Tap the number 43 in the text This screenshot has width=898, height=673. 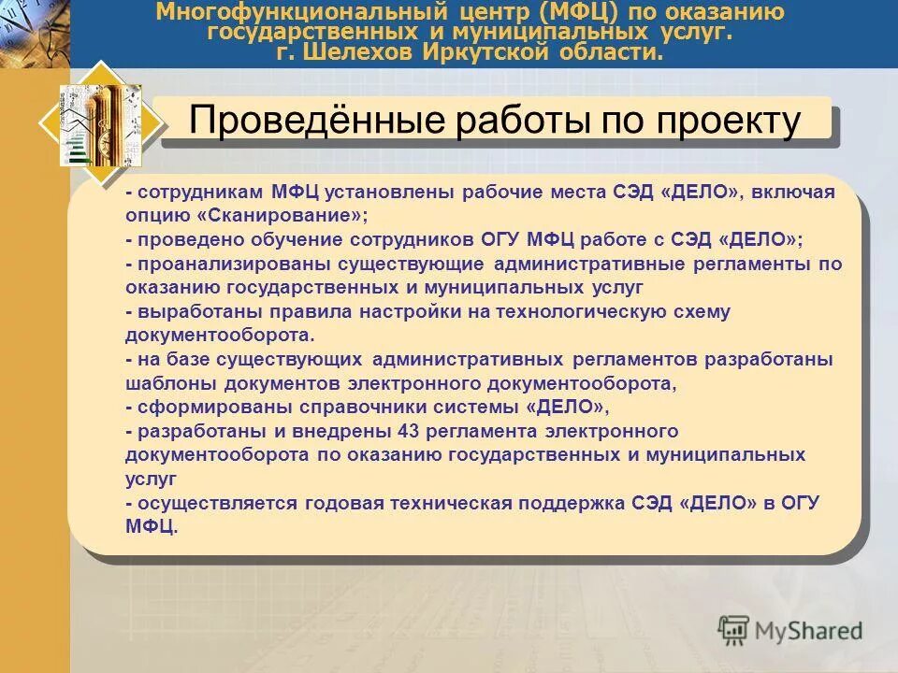408,432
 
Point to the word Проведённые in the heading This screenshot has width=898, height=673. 303,122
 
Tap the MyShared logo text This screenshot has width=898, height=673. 809,631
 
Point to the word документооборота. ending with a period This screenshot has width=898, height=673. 220,335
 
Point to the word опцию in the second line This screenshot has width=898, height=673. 153,215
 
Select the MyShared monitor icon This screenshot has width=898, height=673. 734,632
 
